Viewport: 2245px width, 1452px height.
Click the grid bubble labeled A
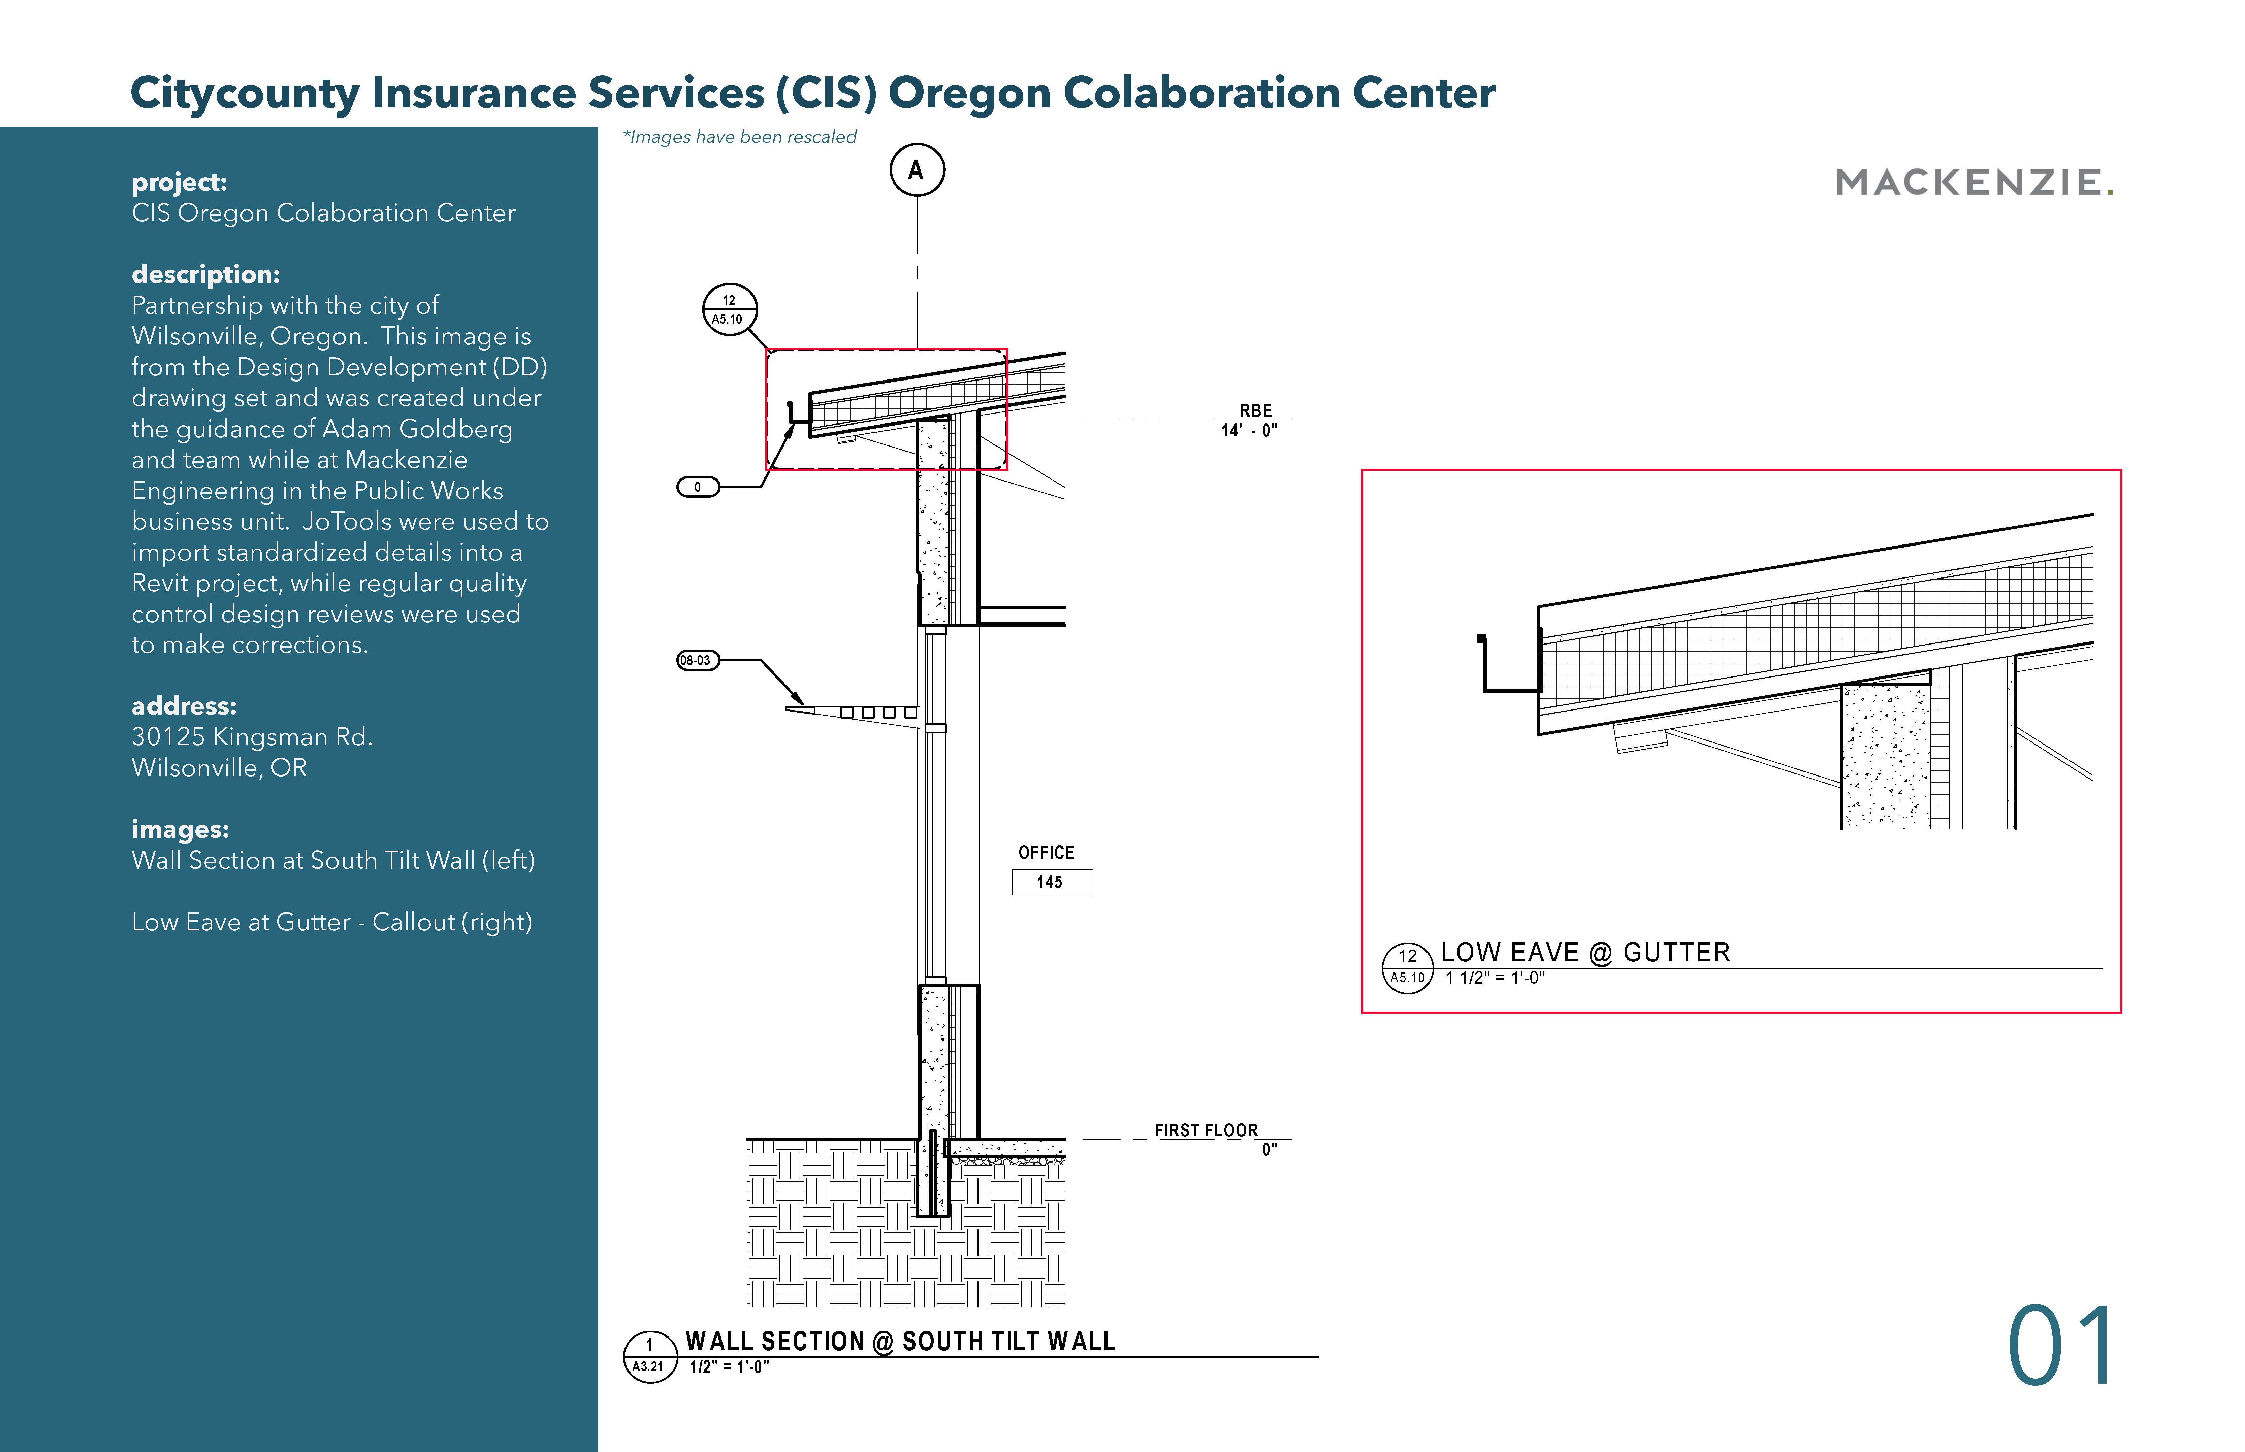[917, 171]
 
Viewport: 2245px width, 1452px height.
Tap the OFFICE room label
[1046, 852]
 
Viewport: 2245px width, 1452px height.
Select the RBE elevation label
[1255, 411]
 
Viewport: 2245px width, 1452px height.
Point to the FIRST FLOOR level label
[1206, 1130]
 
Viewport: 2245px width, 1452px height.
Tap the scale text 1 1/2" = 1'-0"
[1495, 978]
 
